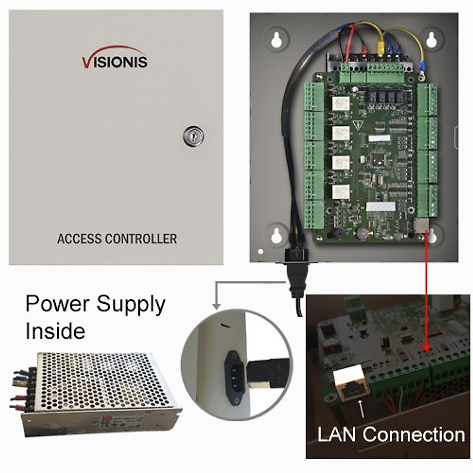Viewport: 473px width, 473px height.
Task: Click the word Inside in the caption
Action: pyautogui.click(x=55, y=331)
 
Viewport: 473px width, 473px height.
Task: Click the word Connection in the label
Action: pyautogui.click(x=414, y=435)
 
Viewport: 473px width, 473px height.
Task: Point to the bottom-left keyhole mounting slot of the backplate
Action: pyautogui.click(x=277, y=235)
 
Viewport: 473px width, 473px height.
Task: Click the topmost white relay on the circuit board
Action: pyautogui.click(x=341, y=104)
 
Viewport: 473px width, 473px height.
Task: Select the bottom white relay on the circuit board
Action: pyautogui.click(x=341, y=192)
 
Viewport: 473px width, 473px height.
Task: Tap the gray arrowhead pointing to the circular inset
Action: pyautogui.click(x=216, y=305)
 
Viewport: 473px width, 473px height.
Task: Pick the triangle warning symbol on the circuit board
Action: pyautogui.click(x=358, y=125)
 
